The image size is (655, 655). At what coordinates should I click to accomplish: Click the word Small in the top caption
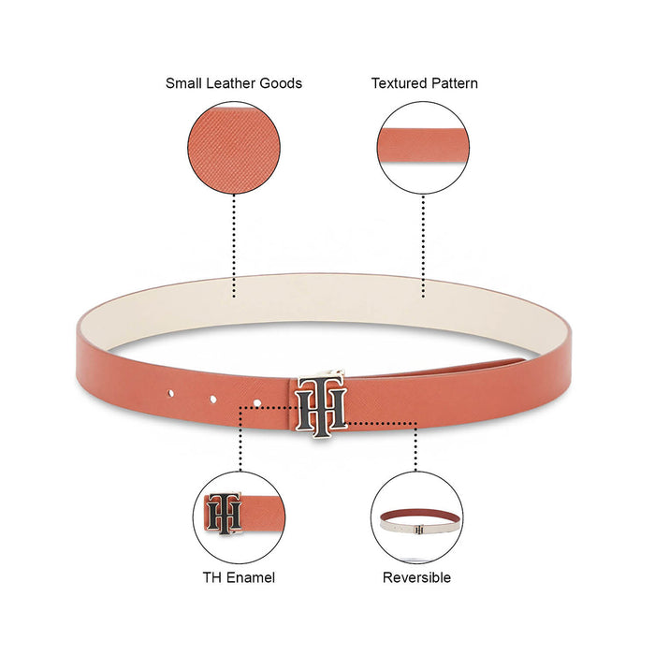click(184, 83)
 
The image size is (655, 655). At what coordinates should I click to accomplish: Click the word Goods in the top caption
click(282, 83)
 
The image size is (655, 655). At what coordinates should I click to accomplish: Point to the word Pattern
click(454, 83)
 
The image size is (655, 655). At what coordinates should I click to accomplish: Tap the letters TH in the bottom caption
click(213, 577)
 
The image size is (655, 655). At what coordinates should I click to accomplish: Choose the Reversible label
click(416, 577)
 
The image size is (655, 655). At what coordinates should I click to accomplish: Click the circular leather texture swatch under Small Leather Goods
click(234, 148)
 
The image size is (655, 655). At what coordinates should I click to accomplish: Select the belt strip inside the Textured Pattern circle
click(423, 140)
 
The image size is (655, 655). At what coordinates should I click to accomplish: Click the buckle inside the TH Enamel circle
click(225, 513)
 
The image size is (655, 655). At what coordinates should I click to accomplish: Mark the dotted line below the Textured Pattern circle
click(423, 245)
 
